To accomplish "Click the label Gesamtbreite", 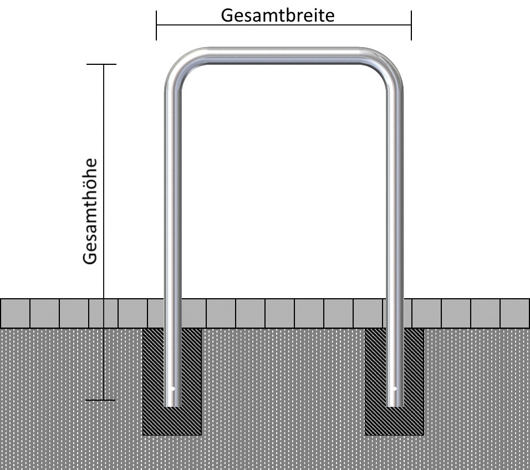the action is point(278,16).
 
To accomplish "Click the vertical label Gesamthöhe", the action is point(90,211).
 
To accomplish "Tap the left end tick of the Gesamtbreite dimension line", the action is point(156,25).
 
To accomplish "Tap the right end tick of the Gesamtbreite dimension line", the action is point(411,25).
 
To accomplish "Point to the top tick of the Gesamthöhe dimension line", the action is point(101,64).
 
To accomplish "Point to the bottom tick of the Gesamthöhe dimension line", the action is point(100,400).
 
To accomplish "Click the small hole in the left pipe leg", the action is point(173,389).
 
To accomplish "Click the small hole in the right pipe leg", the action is point(395,389).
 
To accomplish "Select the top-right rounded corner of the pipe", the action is point(389,64).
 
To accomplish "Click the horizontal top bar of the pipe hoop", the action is point(283,56).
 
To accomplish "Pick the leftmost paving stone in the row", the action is point(15,313).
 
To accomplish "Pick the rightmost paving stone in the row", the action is point(515,313).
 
